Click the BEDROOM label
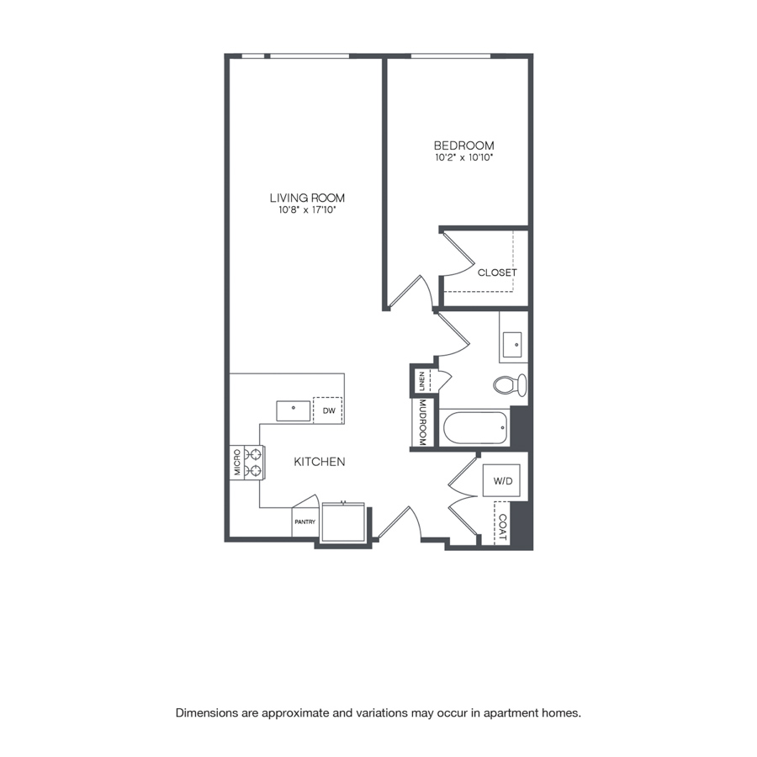[463, 146]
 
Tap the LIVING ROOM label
[307, 198]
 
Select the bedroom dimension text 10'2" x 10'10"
[463, 157]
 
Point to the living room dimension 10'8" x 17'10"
[307, 210]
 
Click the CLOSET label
[497, 273]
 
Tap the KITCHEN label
[319, 462]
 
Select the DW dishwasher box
[328, 410]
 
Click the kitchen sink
[293, 410]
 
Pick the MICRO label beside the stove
[237, 463]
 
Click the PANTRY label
[305, 521]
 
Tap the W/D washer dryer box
[501, 480]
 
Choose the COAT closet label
[503, 527]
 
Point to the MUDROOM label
[422, 422]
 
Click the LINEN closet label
[422, 381]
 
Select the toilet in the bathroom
[510, 384]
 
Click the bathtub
[474, 427]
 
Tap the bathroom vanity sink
[512, 344]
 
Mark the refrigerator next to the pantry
[343, 522]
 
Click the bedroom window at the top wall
[451, 56]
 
